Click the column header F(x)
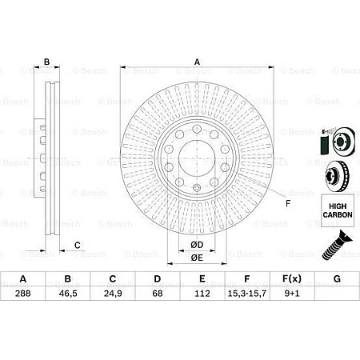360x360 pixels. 292,279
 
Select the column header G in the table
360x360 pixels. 337,279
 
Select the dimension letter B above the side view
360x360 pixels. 47,62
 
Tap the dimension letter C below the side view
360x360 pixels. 78,245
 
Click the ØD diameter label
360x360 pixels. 197,244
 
